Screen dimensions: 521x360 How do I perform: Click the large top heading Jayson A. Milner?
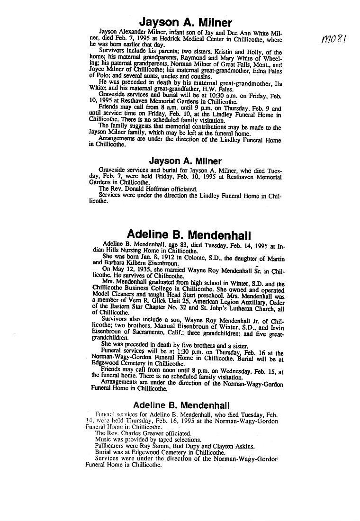(x=185, y=23)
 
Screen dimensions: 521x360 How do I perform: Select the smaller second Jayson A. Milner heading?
(x=185, y=161)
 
